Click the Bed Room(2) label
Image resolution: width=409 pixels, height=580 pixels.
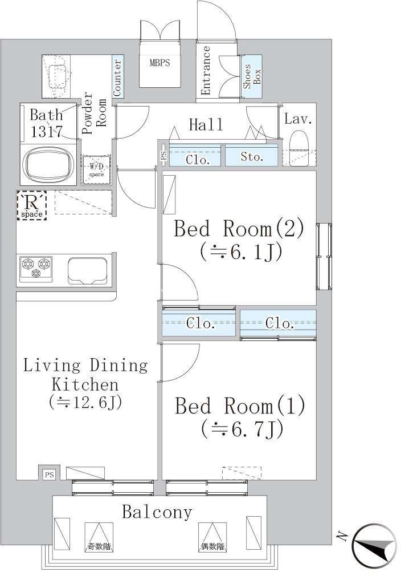(239, 229)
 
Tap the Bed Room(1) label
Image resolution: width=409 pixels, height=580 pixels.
(240, 405)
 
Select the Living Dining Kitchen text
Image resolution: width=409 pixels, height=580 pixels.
(85, 375)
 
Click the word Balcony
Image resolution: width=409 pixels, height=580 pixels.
(157, 512)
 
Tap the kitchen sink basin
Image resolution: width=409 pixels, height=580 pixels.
(88, 271)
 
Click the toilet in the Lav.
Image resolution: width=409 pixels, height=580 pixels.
(299, 149)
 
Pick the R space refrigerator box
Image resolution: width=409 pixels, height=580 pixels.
(31, 205)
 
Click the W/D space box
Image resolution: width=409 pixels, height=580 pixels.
(96, 169)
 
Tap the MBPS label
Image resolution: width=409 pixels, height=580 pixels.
(159, 63)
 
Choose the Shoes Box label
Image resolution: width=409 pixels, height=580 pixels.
(252, 76)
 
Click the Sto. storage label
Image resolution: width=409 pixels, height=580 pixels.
(252, 157)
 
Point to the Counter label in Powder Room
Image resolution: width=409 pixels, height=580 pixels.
(117, 78)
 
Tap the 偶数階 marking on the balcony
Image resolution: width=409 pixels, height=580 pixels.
(212, 546)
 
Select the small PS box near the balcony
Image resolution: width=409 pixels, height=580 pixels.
(49, 474)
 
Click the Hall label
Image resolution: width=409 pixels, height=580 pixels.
(206, 125)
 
